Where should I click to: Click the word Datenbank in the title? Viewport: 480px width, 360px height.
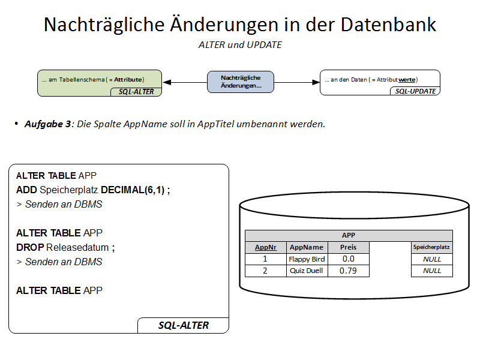click(388, 25)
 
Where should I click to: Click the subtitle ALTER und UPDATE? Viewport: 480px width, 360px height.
click(240, 45)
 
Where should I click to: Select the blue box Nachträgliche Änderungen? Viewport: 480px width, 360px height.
click(241, 82)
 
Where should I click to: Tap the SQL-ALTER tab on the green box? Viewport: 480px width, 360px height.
click(136, 92)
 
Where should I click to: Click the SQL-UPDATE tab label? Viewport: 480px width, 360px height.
click(415, 91)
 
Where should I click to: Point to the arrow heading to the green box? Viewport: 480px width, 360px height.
click(185, 82)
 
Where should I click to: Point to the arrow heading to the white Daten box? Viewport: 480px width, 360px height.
click(297, 82)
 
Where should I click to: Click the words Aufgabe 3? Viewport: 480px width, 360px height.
click(48, 124)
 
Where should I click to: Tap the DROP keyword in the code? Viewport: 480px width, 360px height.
click(30, 247)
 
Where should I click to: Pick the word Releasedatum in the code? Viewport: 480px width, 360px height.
click(77, 247)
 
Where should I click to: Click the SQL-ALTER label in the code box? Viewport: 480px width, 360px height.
click(184, 325)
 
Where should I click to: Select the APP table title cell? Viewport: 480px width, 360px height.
click(349, 235)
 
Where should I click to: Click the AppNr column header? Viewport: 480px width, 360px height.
click(266, 247)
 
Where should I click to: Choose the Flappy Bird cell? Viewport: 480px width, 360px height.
click(307, 259)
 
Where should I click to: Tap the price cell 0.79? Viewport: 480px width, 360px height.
click(349, 271)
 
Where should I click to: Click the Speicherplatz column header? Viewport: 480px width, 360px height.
click(431, 247)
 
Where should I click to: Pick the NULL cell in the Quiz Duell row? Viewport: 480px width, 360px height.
click(431, 271)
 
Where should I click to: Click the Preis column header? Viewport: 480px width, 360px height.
click(349, 247)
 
